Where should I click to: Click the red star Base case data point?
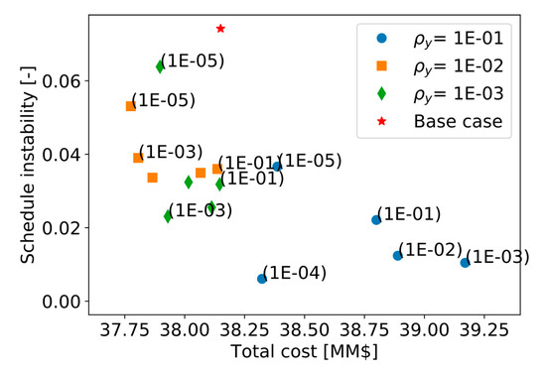point(220,29)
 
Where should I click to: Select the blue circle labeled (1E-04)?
point(262,279)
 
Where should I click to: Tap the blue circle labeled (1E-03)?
point(465,263)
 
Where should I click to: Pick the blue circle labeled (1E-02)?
point(397,256)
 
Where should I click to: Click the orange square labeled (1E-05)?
point(130,106)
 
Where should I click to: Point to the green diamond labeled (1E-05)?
point(160,66)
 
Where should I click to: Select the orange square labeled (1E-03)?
point(138,158)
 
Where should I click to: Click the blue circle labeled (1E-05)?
point(276,167)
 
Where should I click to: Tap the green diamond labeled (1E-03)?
point(168,216)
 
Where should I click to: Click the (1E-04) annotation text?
point(298,273)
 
